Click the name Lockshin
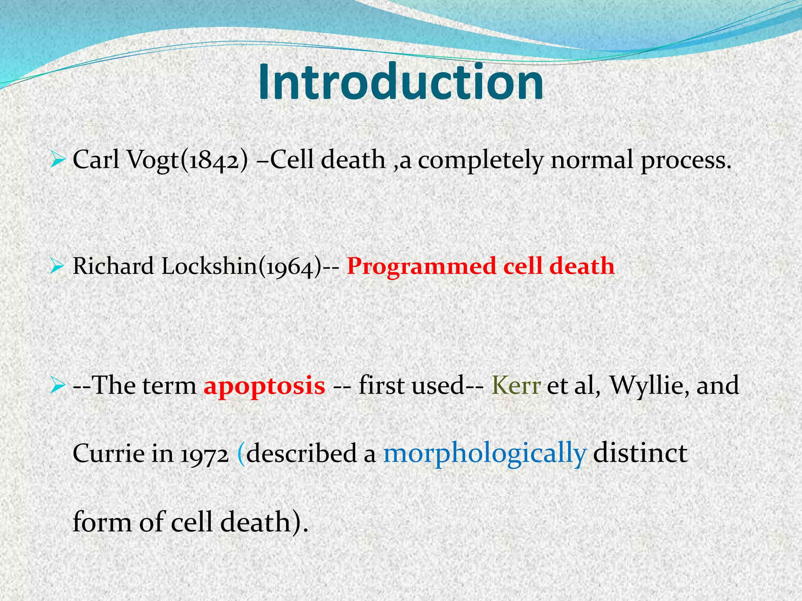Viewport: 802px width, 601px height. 208,266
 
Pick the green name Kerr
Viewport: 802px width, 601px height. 516,385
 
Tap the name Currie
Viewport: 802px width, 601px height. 108,454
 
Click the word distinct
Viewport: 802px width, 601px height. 640,454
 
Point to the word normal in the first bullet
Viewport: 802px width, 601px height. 592,160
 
